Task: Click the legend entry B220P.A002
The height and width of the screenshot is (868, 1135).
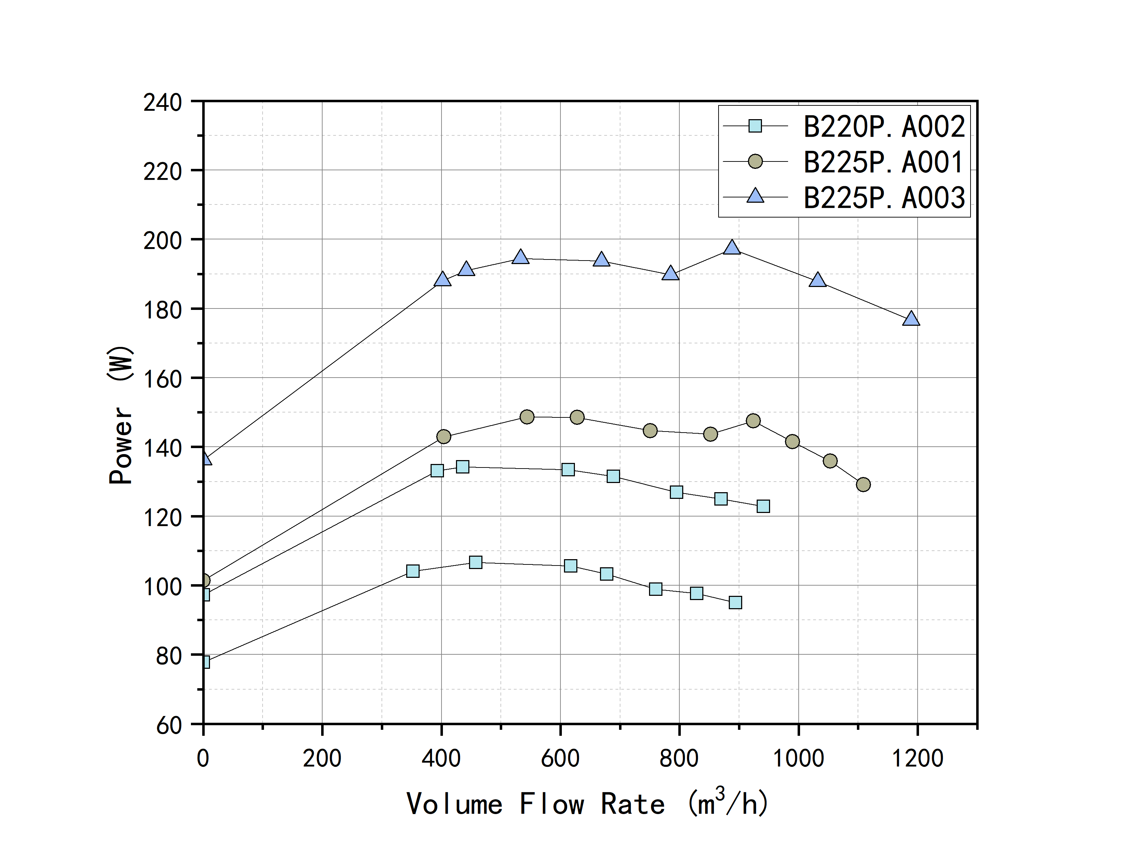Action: click(884, 127)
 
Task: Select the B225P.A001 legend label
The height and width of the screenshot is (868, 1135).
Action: click(884, 162)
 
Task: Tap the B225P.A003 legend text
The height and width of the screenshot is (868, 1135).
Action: click(884, 198)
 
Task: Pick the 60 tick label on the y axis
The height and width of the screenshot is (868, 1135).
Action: click(169, 726)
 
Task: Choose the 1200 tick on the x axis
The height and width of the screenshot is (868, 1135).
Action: click(917, 758)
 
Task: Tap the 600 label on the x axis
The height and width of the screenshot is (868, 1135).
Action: click(560, 758)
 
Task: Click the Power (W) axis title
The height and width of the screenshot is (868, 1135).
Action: click(121, 415)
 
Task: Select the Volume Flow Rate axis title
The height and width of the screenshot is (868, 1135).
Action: click(587, 804)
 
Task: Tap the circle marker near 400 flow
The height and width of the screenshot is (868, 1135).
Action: click(444, 436)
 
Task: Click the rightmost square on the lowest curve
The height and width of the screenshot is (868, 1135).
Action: click(735, 603)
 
